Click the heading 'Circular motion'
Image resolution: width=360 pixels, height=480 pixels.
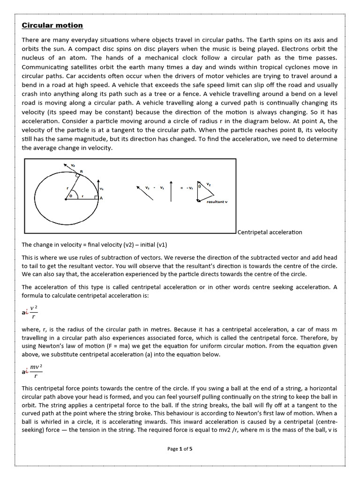pos(52,25)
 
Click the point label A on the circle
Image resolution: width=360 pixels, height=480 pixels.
pos(101,198)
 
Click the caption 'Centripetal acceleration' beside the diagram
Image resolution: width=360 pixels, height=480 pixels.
pos(270,232)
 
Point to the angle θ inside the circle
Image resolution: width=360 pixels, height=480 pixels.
pos(71,195)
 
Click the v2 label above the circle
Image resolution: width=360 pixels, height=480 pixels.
pos(72,165)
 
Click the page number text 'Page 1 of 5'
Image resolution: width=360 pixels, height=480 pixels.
pos(180,449)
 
